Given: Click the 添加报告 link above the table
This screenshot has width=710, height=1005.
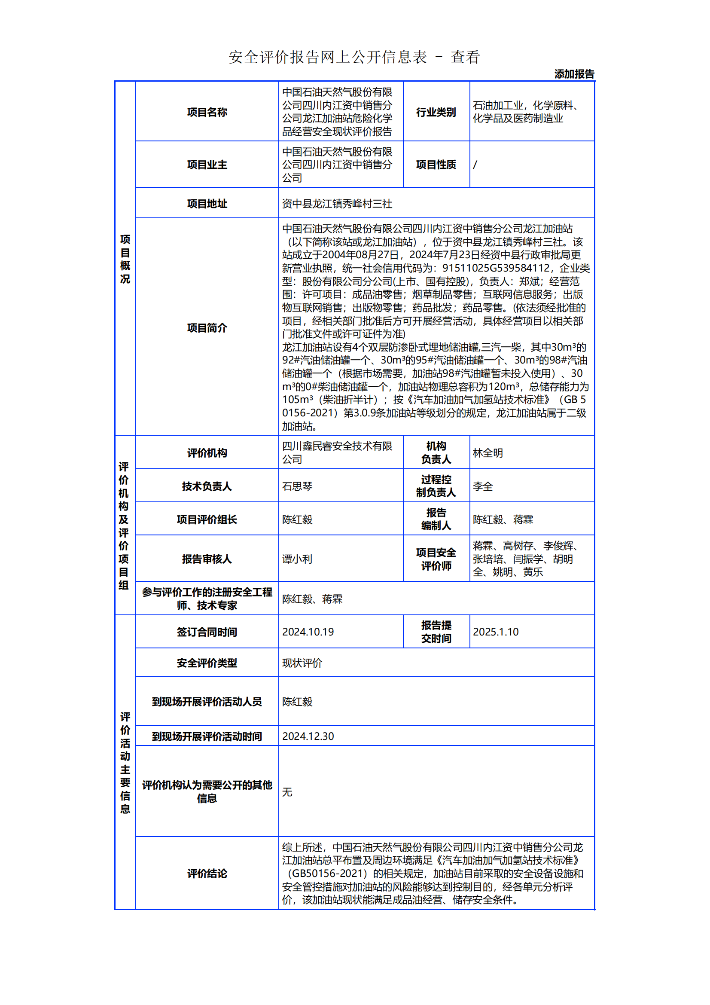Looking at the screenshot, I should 574,74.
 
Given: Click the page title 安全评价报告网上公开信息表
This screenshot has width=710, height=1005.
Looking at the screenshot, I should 328,57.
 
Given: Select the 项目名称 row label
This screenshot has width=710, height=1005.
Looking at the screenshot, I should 207,112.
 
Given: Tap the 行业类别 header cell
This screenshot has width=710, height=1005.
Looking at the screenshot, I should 436,112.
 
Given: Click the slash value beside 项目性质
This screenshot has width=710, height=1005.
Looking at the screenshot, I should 475,165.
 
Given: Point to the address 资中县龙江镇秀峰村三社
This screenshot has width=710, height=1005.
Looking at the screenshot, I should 337,204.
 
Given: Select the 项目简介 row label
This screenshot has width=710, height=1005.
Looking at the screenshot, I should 207,327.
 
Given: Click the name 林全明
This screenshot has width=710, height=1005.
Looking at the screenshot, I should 488,452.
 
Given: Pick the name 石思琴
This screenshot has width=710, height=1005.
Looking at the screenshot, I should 297,486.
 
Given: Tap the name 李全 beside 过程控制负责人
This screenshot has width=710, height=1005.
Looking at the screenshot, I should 482,486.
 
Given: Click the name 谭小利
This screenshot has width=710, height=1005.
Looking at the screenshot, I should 297,559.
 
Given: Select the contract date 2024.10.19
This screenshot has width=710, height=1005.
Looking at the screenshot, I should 308,632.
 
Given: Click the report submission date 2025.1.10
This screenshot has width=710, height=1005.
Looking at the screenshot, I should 496,632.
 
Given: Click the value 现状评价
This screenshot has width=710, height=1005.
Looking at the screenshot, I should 302,663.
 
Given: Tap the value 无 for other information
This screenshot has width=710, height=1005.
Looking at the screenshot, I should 287,792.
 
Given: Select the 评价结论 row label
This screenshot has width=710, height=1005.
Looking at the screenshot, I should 207,873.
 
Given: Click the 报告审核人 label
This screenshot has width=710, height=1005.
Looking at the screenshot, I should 207,559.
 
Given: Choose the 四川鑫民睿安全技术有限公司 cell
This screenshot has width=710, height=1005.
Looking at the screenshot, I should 337,452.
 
